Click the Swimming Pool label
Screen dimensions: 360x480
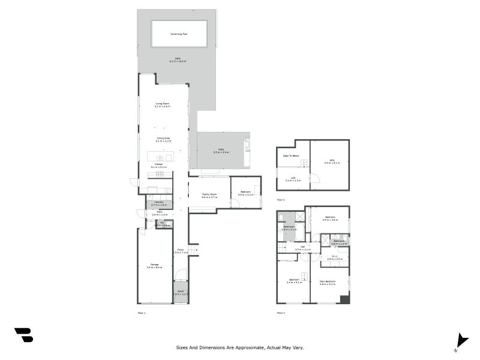[x=179, y=34]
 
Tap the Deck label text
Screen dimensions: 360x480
[x=178, y=58]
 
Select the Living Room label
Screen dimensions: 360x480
[x=163, y=104]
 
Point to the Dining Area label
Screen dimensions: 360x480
[x=163, y=138]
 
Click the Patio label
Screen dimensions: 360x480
[x=221, y=151]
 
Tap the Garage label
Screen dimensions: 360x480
[x=154, y=265]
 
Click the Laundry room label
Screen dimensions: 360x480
[x=159, y=203]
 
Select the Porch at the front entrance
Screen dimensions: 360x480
[x=181, y=292]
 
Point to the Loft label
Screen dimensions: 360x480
[x=293, y=177]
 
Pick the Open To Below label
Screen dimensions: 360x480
[x=291, y=156]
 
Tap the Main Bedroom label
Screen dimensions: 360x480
[x=327, y=281]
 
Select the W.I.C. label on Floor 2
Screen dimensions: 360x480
[x=334, y=257]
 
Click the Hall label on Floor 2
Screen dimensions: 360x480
[x=302, y=247]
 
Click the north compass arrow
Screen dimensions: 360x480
[x=461, y=340]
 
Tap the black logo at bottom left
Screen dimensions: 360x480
[x=23, y=335]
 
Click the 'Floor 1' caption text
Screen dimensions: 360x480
[x=142, y=313]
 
